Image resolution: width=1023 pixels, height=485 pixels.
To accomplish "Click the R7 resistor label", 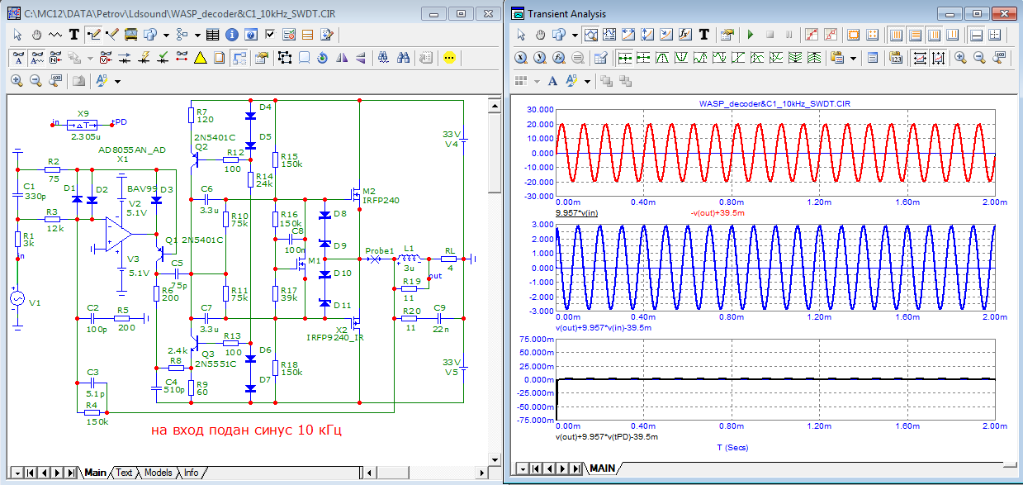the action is [201, 112].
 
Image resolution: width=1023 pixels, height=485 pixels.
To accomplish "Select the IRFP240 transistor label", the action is [381, 200].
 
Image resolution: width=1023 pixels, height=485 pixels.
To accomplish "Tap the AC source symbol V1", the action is [17, 298].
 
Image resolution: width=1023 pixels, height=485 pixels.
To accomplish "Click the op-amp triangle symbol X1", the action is [118, 234].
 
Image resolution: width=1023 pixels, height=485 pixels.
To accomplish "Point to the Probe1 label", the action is [379, 250].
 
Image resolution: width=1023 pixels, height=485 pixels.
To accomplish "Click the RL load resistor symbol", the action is [448, 259].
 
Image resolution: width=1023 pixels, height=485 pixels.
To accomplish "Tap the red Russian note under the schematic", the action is [246, 430].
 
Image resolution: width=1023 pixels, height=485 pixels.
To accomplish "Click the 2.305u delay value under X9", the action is [86, 136].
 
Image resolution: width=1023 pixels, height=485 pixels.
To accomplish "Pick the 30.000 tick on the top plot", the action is [540, 110].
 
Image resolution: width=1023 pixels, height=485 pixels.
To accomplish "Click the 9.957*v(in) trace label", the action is [577, 213].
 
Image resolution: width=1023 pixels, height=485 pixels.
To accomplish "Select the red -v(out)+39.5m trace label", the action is [718, 213].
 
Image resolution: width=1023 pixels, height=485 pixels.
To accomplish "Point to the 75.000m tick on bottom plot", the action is [537, 340].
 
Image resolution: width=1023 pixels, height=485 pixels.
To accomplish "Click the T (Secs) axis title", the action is [732, 448].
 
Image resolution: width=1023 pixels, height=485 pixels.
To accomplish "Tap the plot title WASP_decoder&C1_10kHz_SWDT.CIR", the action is [774, 104].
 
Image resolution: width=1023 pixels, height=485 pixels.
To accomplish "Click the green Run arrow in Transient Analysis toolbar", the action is [750, 35].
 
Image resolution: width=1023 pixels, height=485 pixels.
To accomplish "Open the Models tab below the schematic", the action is [158, 473].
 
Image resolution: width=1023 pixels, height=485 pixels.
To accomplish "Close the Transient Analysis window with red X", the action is [1004, 14].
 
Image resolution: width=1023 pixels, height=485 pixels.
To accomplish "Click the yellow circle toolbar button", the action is [449, 58].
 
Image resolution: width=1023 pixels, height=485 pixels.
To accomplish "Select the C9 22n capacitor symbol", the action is [439, 318].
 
